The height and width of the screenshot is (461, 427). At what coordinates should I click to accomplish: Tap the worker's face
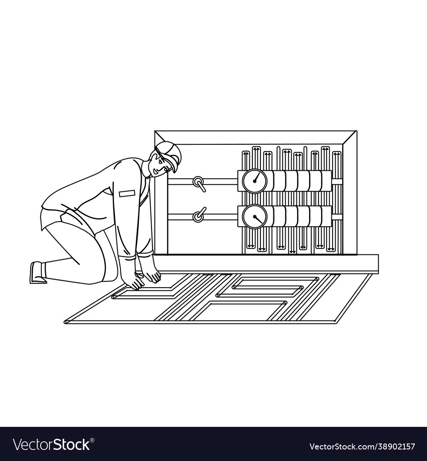coord(158,164)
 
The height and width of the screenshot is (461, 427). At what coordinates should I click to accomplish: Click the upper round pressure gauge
coord(254,181)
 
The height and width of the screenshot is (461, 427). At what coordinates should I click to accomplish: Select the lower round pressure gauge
coord(254,216)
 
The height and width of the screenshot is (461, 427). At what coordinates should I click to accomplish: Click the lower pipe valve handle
coord(199,215)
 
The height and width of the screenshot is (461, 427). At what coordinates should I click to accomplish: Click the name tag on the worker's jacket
coord(127,193)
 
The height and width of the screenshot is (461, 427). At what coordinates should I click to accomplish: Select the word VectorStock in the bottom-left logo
coord(51,444)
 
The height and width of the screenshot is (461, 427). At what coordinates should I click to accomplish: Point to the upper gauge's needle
coord(256,177)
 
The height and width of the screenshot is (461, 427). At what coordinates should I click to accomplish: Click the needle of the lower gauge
coord(258,219)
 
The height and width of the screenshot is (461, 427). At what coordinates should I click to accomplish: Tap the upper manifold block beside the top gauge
coord(301,181)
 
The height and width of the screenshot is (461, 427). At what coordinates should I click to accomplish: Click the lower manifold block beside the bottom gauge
coord(301,216)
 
